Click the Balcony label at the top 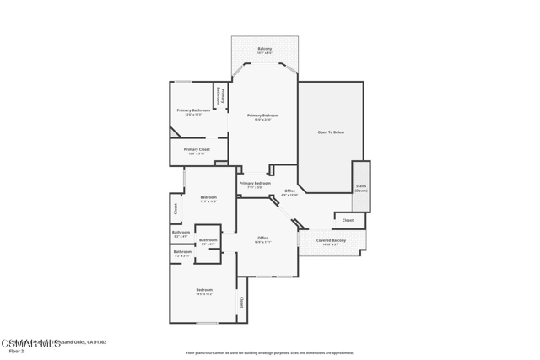tap(264, 51)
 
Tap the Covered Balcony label tap(331, 242)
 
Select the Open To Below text tap(331, 132)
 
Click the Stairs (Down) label tap(361, 189)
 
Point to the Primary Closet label tap(197, 151)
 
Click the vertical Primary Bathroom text tap(222, 96)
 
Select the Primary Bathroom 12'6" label tap(193, 112)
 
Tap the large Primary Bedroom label tap(263, 117)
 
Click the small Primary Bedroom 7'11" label tap(255, 185)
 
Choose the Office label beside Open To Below tap(289, 192)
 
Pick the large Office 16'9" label tap(263, 240)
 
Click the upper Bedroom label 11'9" tap(208, 199)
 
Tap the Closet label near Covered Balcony tap(348, 220)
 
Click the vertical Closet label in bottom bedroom tap(241, 302)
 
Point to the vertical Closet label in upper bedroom tap(175, 208)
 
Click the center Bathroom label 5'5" tap(208, 242)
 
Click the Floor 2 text tap(16, 351)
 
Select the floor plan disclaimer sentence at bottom tap(270, 352)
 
